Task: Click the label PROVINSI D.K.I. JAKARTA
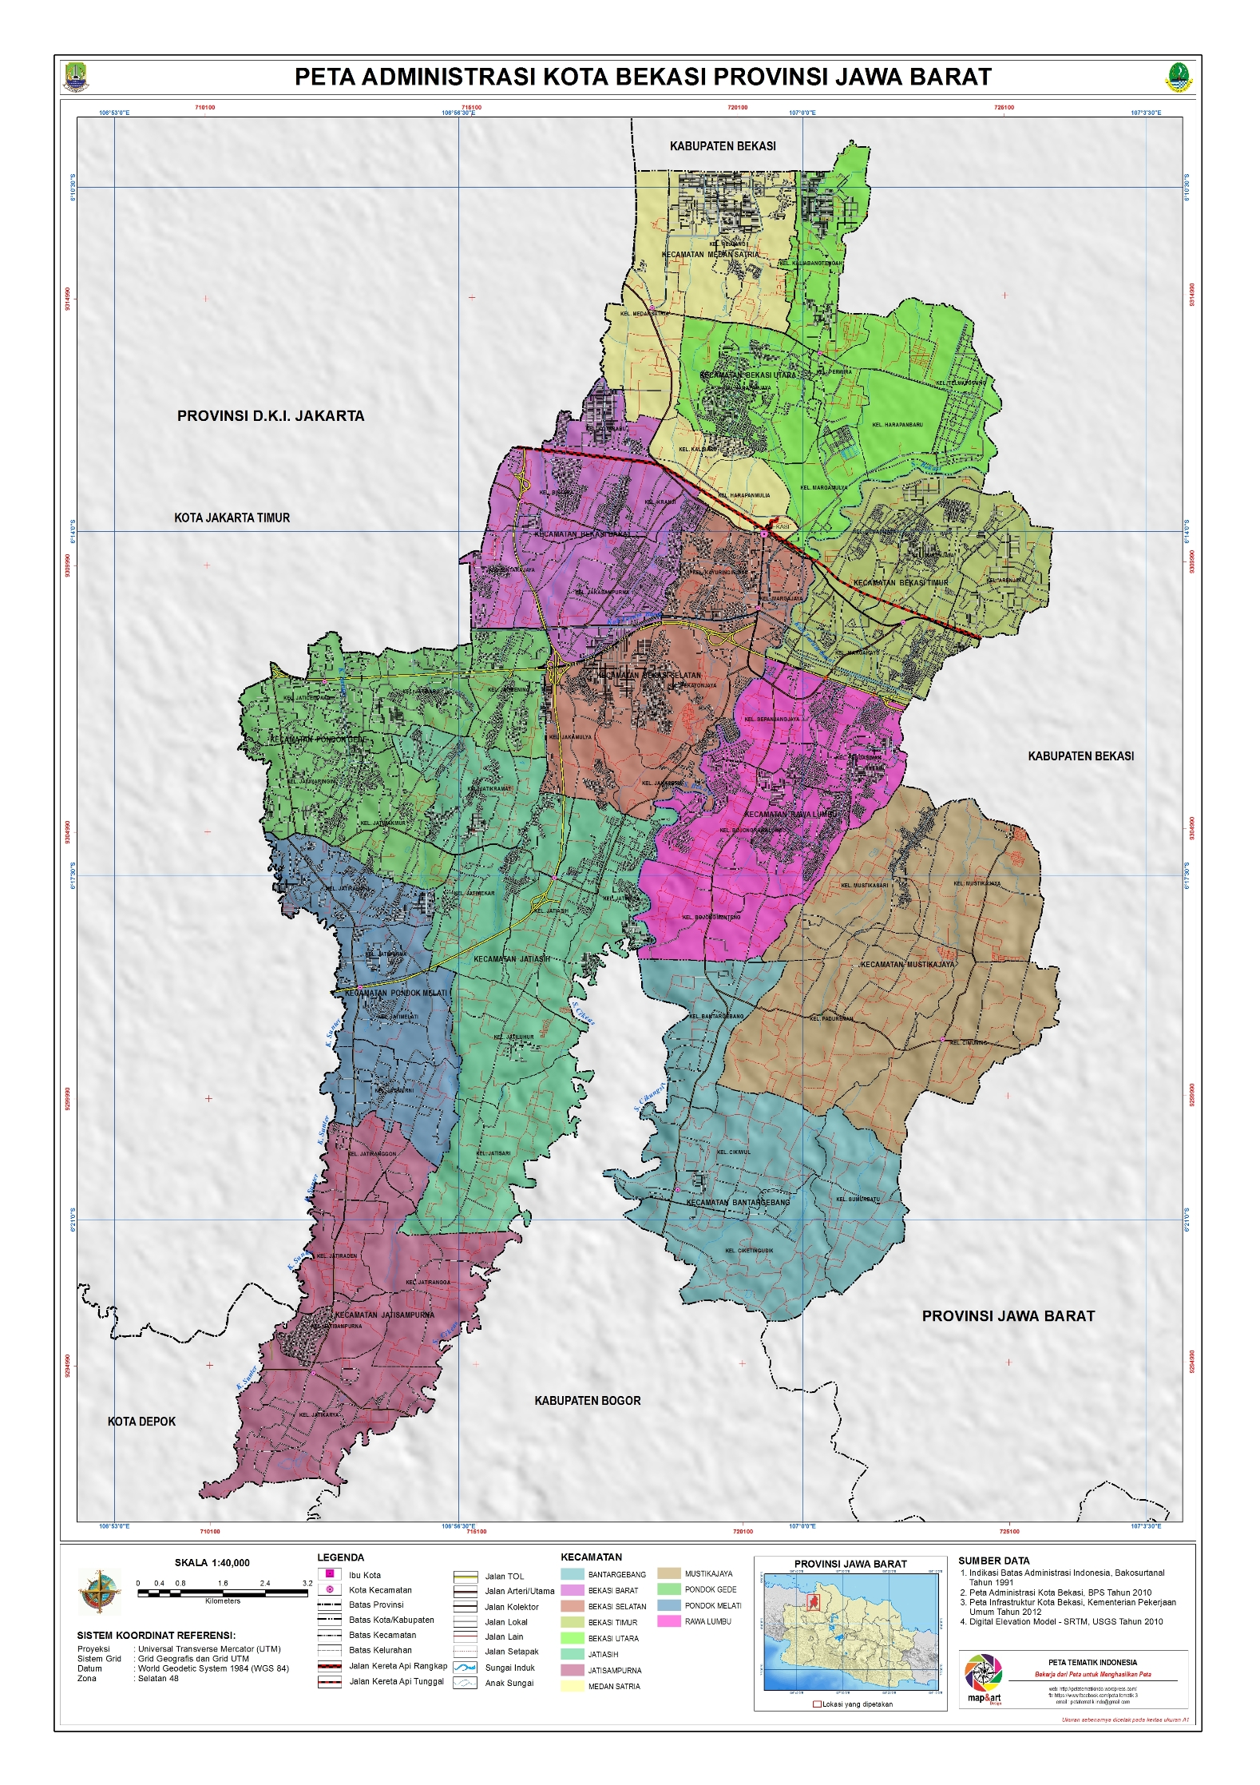(x=270, y=416)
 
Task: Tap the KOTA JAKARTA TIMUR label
(x=232, y=518)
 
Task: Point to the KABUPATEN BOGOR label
(x=587, y=1401)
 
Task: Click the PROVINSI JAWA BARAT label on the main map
(x=1008, y=1316)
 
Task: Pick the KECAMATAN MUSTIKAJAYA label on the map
(x=906, y=965)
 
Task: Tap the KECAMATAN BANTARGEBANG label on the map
(x=737, y=1203)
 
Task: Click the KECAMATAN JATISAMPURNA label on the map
(x=384, y=1315)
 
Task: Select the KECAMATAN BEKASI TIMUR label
(x=900, y=583)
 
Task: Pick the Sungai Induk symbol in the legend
(x=465, y=1668)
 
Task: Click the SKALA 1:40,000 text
(x=212, y=1563)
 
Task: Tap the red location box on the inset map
(x=814, y=1602)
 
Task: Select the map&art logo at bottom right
(x=983, y=1678)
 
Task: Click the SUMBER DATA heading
(x=993, y=1561)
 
